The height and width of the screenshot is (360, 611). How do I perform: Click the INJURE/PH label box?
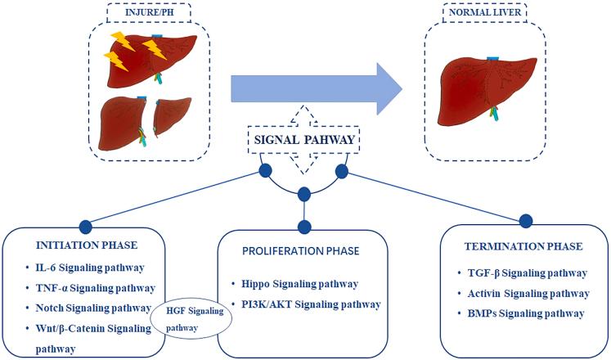tap(148, 13)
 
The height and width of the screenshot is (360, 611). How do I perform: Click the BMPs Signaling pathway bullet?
tap(519, 313)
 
